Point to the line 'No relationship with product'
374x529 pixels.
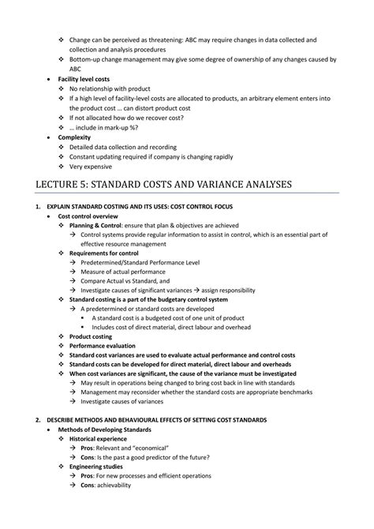pos(114,89)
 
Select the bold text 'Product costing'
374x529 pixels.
pos(94,336)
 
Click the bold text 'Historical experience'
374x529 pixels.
pos(100,438)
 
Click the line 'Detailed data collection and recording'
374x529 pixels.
pos(127,147)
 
